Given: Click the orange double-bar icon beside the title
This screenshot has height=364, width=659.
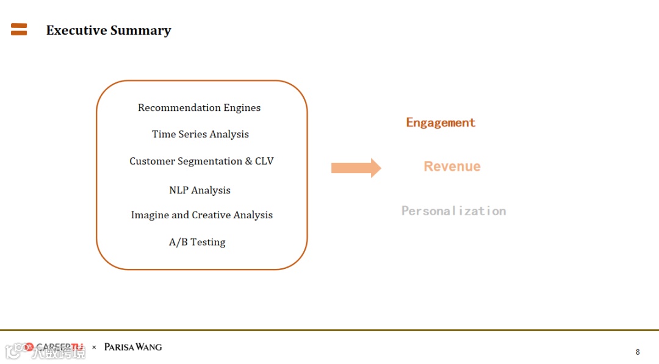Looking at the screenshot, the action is point(19,29).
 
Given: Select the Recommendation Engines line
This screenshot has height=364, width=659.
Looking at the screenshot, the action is point(199,108).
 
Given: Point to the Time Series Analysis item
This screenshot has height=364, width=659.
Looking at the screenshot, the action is point(200,134).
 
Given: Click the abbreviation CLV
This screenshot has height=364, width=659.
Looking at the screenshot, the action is point(264,161).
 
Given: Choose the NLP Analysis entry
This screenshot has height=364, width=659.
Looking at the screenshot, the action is point(200,190).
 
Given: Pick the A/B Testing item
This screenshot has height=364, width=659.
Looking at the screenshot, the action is point(197,242).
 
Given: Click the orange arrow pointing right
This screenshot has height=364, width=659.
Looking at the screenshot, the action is point(356,168).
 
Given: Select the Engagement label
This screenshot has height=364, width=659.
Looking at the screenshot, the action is point(441,123).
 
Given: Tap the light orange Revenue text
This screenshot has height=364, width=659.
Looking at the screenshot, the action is point(452,166).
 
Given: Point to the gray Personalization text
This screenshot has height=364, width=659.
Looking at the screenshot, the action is point(453,211).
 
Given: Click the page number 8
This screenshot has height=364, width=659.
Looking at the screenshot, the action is point(638,352).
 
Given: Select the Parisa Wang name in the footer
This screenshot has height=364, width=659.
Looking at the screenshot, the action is point(133,347).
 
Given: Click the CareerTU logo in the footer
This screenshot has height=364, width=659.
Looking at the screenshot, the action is point(55,348).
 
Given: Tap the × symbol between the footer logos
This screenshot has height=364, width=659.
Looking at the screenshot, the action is point(94,348).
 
